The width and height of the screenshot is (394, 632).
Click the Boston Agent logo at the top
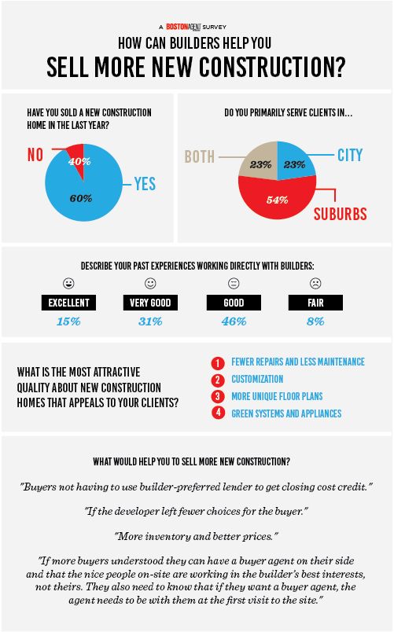(183, 27)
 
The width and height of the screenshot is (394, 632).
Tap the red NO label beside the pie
(35, 155)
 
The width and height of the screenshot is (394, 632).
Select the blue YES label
(145, 184)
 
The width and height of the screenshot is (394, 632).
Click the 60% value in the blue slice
(81, 198)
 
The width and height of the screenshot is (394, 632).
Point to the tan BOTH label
(199, 156)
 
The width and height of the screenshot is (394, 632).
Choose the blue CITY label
(350, 155)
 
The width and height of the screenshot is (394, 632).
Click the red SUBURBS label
(341, 214)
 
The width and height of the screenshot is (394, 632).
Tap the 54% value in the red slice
(277, 200)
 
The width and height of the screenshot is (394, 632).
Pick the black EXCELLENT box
(68, 303)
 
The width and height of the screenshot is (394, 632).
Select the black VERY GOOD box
(150, 303)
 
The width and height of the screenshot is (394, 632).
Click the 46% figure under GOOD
(234, 322)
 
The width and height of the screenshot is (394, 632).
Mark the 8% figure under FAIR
(315, 322)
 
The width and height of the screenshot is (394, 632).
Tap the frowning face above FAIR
(315, 283)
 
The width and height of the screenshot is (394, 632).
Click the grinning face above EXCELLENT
(68, 283)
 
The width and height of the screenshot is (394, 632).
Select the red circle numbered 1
(218, 363)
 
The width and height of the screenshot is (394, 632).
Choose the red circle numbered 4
(218, 413)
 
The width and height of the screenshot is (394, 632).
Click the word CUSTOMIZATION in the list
(257, 380)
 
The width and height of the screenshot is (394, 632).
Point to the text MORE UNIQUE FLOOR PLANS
(277, 397)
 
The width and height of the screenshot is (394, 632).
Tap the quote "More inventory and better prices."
(197, 536)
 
